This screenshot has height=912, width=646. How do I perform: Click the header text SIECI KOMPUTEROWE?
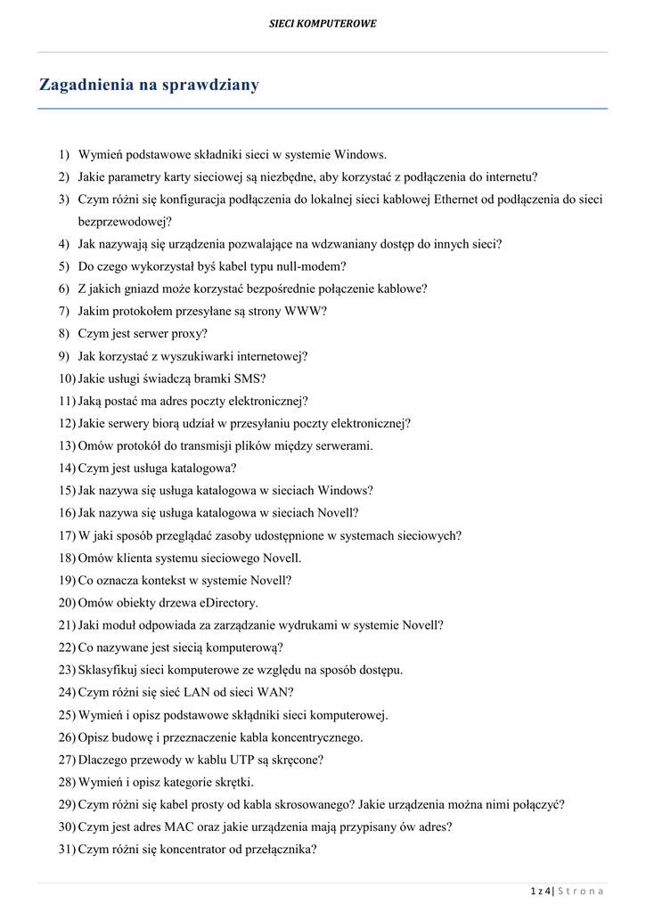pos(323,24)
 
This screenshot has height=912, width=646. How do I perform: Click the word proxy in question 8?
pos(190,334)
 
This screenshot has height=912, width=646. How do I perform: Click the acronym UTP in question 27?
pos(224,760)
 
